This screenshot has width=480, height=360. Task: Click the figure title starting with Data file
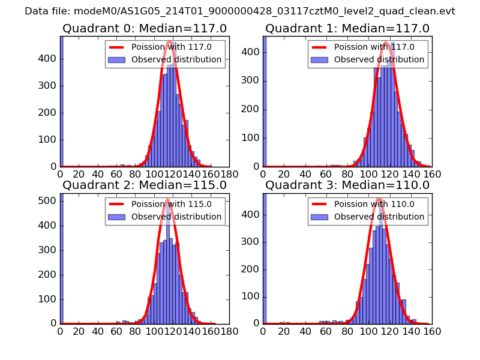(x=240, y=11)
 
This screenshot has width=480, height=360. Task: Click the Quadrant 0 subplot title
(x=145, y=29)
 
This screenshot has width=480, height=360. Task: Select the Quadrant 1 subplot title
(x=347, y=29)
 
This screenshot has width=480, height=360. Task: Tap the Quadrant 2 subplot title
(x=145, y=185)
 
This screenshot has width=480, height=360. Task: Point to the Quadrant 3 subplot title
(x=347, y=185)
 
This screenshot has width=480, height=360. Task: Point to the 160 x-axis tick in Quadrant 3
(x=432, y=331)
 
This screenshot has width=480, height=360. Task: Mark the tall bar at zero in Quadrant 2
(x=62, y=258)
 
